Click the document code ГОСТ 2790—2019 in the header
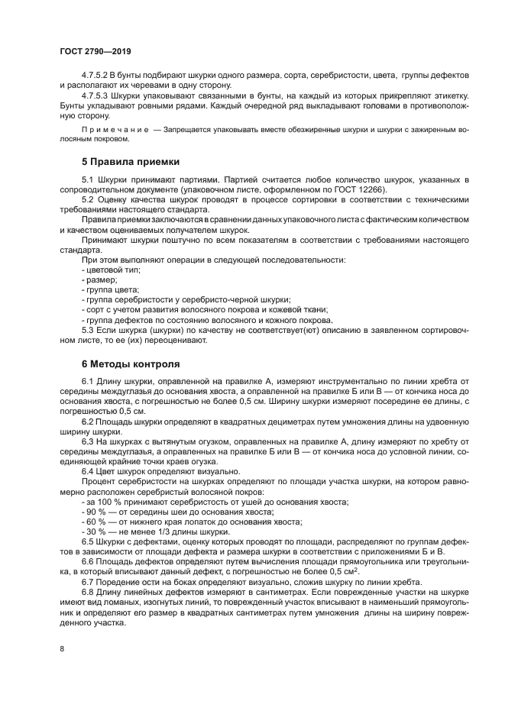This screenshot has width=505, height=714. coord(95,50)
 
